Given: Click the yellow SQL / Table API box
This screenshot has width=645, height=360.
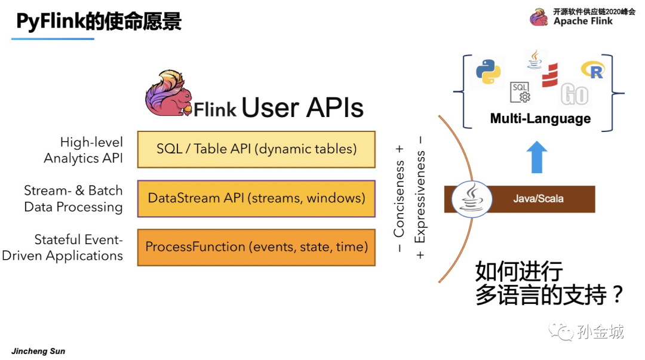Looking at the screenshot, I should click(x=256, y=149).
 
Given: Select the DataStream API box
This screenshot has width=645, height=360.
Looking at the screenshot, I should click(x=256, y=198).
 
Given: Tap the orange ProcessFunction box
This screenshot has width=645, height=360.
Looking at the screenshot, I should click(x=256, y=247).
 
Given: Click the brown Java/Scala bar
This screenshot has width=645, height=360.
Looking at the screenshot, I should click(x=537, y=199).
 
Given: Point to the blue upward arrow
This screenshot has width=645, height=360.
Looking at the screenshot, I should click(x=539, y=156).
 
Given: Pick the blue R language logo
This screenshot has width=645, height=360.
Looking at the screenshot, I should click(x=592, y=70).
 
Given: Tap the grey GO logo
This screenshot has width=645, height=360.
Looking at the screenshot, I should click(x=575, y=94).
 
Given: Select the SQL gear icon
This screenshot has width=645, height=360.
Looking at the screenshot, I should click(x=520, y=92).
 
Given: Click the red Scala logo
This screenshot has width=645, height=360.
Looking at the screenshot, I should click(x=549, y=75).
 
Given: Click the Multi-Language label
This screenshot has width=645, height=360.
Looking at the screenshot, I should click(x=540, y=119).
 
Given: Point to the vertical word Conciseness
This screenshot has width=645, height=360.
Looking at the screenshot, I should click(x=399, y=197).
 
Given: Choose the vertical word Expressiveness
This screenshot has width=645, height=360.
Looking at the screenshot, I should click(x=420, y=197).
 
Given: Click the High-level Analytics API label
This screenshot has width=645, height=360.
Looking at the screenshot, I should click(x=84, y=150).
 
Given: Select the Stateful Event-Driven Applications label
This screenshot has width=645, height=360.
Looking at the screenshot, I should click(x=63, y=248).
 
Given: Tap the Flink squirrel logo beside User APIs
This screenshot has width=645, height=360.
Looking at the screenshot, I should click(x=171, y=94).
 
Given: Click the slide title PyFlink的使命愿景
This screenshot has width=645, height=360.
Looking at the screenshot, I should click(x=99, y=21).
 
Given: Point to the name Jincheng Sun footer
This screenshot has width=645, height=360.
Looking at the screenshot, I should click(x=38, y=351).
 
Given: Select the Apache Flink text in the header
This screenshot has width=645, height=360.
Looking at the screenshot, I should click(x=583, y=21).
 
